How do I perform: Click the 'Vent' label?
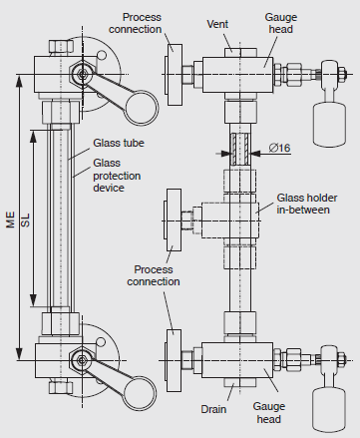[217, 24]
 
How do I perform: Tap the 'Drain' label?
[213, 409]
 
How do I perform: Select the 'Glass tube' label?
[119, 143]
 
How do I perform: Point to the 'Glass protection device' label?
[117, 176]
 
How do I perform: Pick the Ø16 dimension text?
[279, 148]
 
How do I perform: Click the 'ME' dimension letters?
[11, 219]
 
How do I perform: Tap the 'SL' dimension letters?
[25, 220]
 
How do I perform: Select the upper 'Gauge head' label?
[281, 23]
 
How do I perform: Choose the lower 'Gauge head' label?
[269, 412]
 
